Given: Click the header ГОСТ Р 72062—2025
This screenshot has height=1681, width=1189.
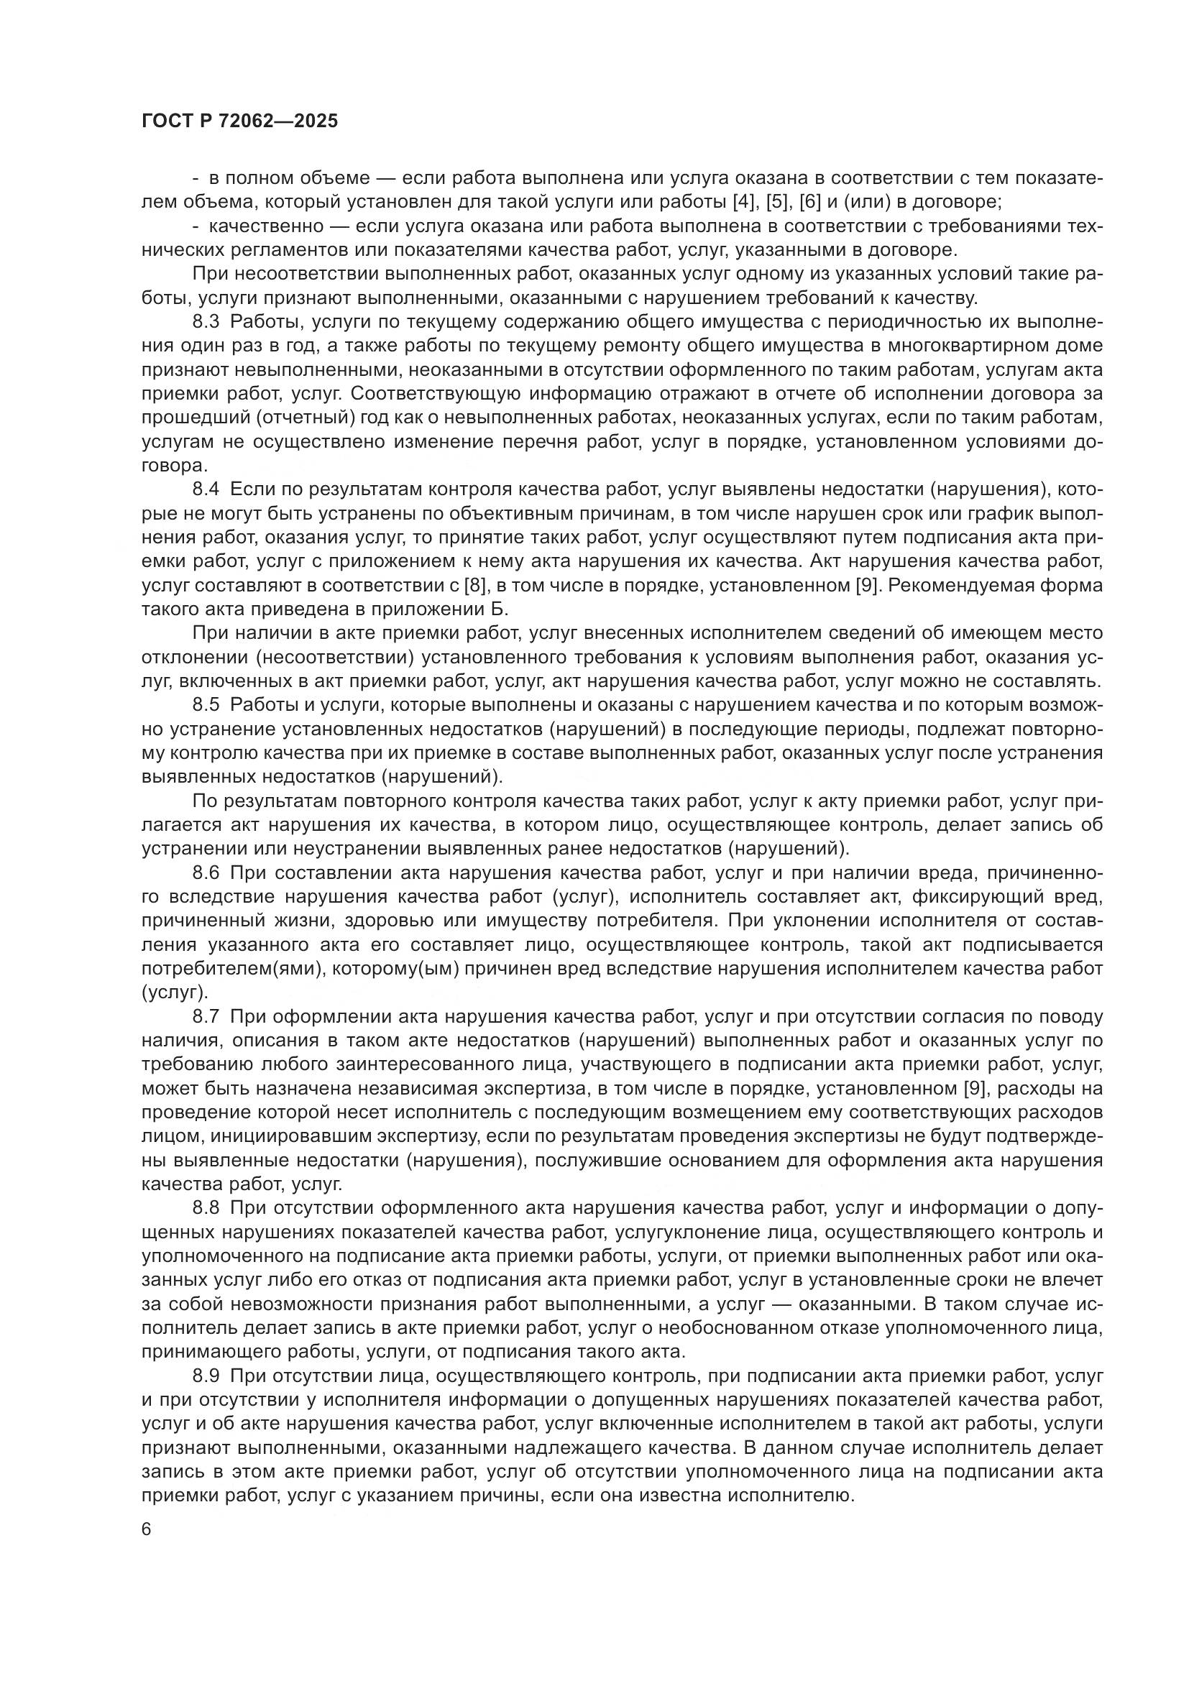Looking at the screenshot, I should click(239, 121).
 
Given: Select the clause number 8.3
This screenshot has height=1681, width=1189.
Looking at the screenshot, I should click(206, 322).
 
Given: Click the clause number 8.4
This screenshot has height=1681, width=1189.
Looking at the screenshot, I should click(206, 489).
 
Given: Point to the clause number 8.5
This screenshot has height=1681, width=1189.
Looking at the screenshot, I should click(206, 705).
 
